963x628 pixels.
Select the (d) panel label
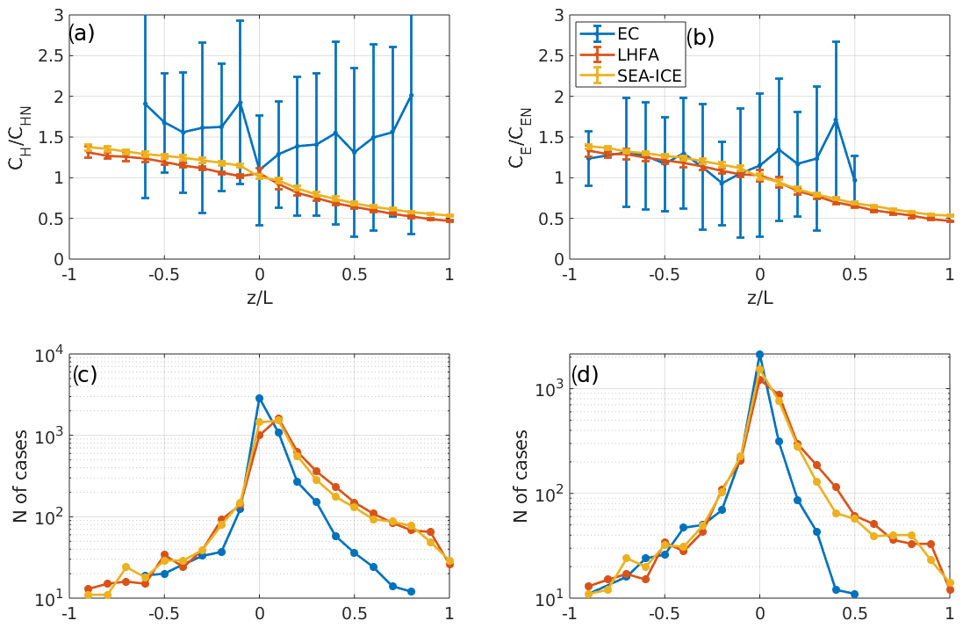[x=586, y=374]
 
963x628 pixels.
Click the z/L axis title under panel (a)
[x=259, y=297]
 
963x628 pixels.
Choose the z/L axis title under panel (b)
[x=760, y=297]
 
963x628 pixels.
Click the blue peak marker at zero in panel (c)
[x=259, y=398]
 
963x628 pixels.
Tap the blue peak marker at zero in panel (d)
[x=760, y=355]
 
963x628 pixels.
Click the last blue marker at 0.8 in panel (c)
[x=411, y=591]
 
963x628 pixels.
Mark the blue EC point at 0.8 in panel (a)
[x=411, y=95]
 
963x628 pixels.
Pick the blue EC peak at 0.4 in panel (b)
[x=836, y=120]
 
